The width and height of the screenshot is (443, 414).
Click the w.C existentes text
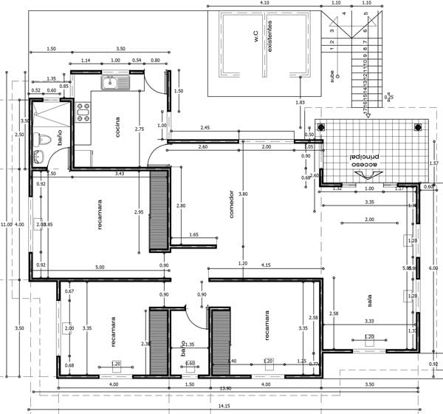point(262,41)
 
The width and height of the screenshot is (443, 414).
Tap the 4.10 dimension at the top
point(264,4)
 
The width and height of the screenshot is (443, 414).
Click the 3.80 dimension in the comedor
point(244,194)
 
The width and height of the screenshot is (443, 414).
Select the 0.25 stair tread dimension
point(389,97)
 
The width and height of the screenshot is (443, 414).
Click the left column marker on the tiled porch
point(321,128)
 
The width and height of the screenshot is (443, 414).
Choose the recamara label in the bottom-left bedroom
point(113,333)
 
